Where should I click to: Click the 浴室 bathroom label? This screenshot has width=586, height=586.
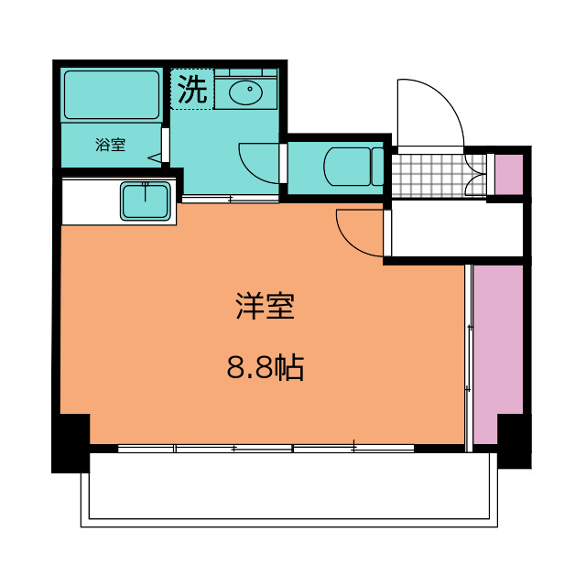point(110,145)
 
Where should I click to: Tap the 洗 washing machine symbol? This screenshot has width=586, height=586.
point(191,90)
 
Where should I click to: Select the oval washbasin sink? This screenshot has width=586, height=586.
point(245,92)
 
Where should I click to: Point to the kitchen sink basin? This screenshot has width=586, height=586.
point(145,201)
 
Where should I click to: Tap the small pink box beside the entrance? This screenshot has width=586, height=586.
point(508,174)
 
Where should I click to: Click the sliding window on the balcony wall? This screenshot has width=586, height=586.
point(266,449)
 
